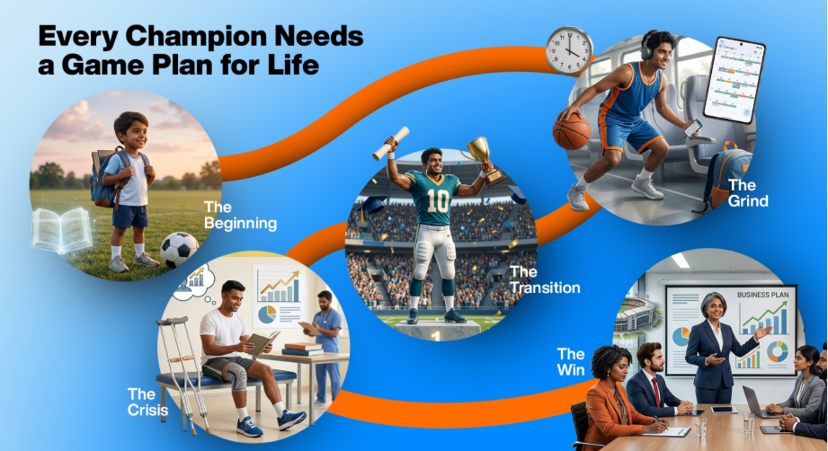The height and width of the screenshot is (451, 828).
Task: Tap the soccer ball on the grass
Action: click(x=180, y=250)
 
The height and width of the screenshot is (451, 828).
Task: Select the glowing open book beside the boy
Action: click(x=61, y=230)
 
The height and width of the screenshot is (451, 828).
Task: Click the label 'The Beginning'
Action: click(x=239, y=215)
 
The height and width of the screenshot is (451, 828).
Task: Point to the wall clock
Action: click(x=570, y=50)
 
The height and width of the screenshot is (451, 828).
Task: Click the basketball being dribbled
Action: click(x=571, y=130)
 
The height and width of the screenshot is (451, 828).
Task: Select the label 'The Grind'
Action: click(x=747, y=193)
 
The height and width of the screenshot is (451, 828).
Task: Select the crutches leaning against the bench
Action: click(x=186, y=369)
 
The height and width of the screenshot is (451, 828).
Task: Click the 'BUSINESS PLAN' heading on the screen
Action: click(x=761, y=295)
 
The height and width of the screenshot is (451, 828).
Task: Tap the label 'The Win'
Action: click(x=570, y=361)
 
